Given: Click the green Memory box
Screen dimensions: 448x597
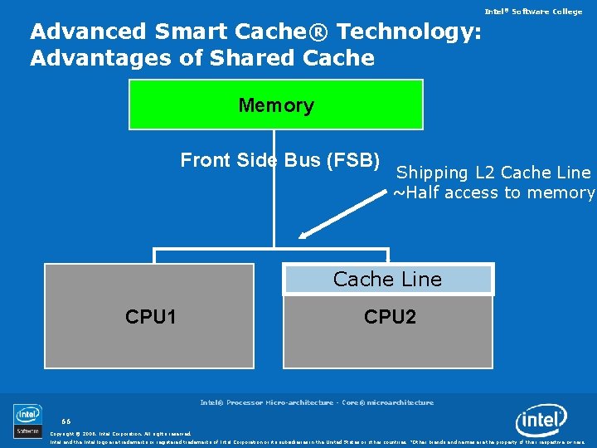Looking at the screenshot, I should (x=276, y=105).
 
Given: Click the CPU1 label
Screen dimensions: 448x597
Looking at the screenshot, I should (x=151, y=317).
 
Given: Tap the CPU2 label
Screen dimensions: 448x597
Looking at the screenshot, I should (x=390, y=317).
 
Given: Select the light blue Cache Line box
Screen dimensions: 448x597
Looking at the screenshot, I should (x=388, y=280).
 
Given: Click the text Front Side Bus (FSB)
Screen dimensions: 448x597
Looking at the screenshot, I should (x=280, y=160).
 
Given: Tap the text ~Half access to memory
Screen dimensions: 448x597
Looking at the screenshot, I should (x=493, y=193).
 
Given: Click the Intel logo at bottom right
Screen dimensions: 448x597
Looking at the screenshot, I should (x=541, y=421).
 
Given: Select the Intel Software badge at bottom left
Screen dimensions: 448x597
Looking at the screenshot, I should (x=27, y=421).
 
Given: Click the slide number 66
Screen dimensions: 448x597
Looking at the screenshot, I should (x=66, y=421).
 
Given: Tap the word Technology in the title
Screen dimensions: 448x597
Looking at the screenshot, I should (x=408, y=32).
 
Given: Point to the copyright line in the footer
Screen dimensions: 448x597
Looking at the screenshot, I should (x=121, y=433).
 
